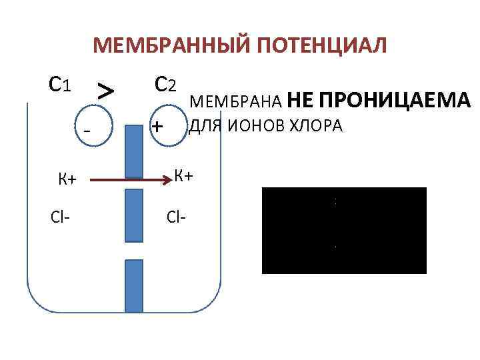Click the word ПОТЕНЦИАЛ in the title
click(x=317, y=46)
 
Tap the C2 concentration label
click(x=164, y=84)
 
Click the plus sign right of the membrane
click(x=157, y=125)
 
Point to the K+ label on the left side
click(x=67, y=179)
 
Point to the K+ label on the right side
click(x=183, y=176)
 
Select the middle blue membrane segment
click(x=134, y=215)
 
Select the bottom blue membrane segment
click(x=134, y=285)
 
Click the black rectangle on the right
click(x=344, y=231)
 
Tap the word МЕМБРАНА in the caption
click(x=237, y=102)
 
